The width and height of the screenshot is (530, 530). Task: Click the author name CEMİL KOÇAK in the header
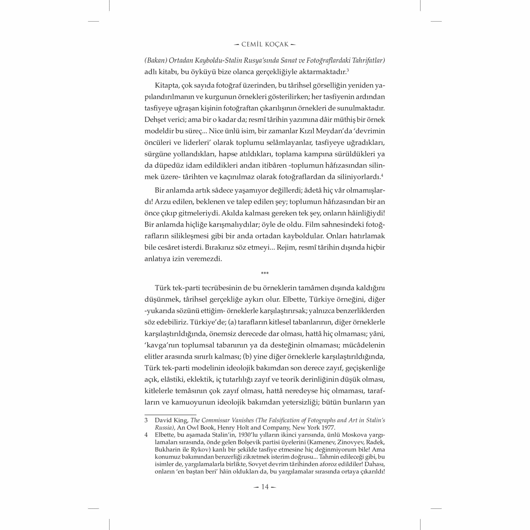coord(265,45)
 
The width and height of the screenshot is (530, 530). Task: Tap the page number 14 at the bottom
coord(265,487)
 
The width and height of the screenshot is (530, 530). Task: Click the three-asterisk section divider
coord(265,273)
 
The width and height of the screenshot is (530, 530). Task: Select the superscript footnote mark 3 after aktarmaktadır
coord(348,70)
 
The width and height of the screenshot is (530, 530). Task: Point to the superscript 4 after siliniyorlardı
coord(382,175)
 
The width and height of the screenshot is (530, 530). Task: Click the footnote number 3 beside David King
coord(146,420)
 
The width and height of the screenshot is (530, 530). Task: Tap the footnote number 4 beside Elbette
coord(146,435)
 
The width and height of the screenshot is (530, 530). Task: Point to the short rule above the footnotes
coord(170,415)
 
